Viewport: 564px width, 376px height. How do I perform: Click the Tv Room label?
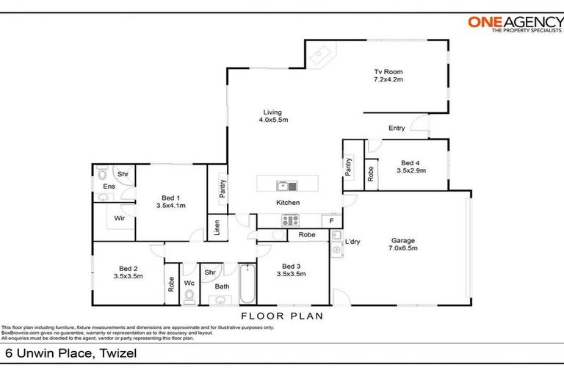(388, 71)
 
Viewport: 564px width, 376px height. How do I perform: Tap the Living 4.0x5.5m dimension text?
(272, 120)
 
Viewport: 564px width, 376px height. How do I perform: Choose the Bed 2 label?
(128, 267)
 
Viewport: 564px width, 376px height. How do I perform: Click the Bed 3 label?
(292, 266)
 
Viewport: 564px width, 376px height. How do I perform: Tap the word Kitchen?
(287, 203)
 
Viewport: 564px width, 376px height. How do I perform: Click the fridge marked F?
(332, 220)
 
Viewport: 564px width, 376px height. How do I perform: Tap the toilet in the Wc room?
(189, 294)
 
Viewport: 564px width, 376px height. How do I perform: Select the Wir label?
(118, 218)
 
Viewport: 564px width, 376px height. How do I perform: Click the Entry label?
(397, 129)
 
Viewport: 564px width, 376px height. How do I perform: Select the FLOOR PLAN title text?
(282, 316)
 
